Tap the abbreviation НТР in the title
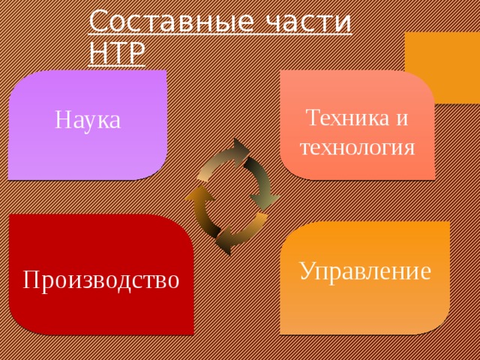coord(116,52)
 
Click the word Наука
coord(88,119)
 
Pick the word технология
coord(357,145)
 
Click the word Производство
coord(101,280)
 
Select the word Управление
coord(364,270)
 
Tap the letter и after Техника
coord(403,118)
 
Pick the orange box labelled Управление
coord(364,307)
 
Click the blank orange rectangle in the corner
coord(442,67)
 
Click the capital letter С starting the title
coord(98,22)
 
